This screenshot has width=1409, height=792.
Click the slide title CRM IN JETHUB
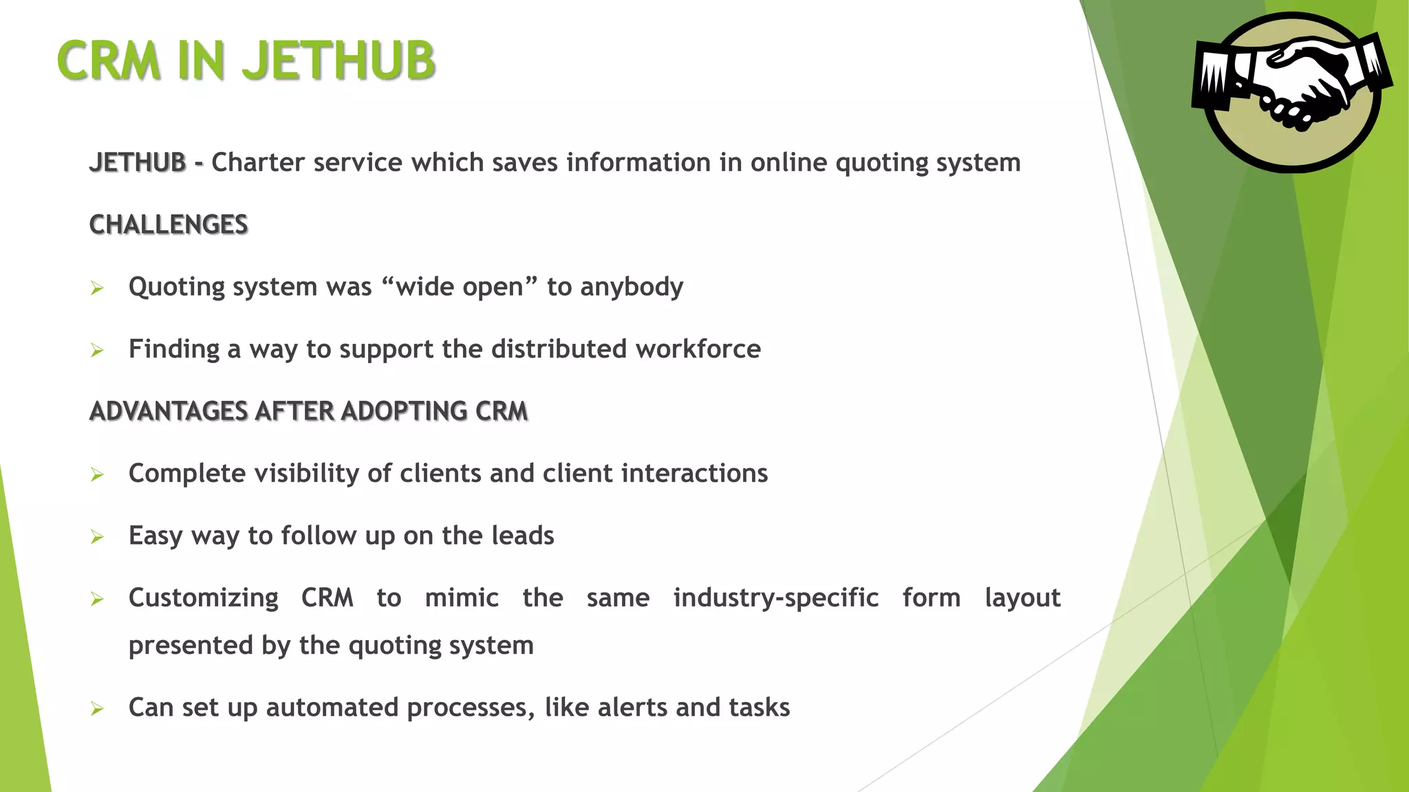click(x=246, y=60)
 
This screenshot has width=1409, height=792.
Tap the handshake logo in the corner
click(x=1291, y=91)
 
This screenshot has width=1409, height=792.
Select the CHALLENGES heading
click(x=169, y=225)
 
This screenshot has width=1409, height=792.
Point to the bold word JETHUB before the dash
click(x=138, y=163)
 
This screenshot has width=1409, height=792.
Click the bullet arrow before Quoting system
click(x=97, y=288)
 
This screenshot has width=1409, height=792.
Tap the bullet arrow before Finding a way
click(x=97, y=351)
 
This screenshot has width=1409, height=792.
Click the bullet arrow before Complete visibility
click(x=97, y=475)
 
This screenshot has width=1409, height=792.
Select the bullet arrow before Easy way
click(x=97, y=537)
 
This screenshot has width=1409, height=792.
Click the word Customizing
click(x=204, y=598)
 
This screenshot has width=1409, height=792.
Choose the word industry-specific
click(x=775, y=598)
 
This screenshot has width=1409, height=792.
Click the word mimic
click(x=462, y=598)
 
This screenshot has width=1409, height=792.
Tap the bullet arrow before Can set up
click(x=97, y=709)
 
